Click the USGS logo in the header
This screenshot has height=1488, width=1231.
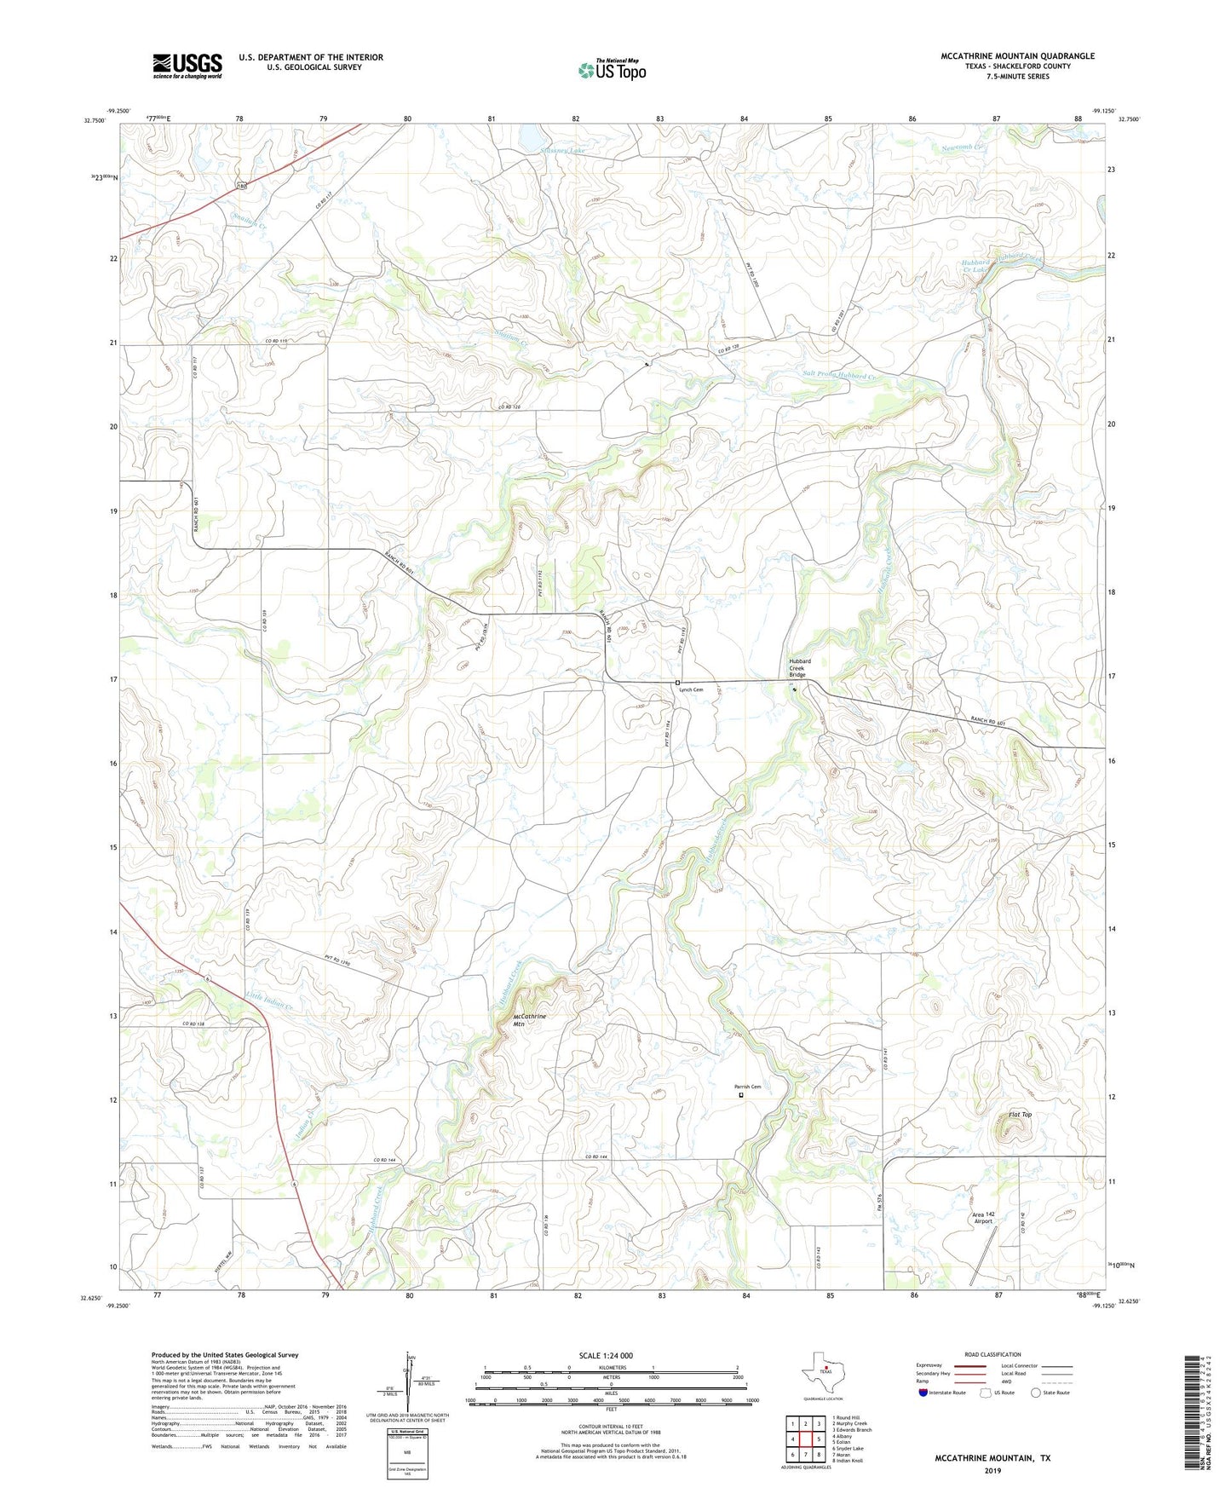[x=187, y=66]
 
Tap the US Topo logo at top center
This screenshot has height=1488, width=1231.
[x=612, y=70]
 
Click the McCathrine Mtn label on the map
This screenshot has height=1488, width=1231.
[x=529, y=1020]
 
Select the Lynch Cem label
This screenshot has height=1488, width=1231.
[x=691, y=689]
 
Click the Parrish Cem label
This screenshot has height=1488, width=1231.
[x=748, y=1087]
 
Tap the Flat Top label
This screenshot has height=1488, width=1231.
[x=1020, y=1115]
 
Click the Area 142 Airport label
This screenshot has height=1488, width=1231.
[x=984, y=1218]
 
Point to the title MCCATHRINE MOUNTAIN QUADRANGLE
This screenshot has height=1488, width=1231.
[x=1017, y=56]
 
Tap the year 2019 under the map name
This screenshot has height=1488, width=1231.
[x=992, y=1470]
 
